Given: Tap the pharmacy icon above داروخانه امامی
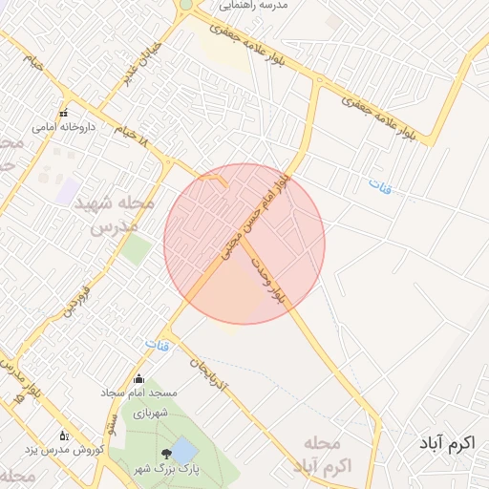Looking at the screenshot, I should pyautogui.click(x=64, y=113).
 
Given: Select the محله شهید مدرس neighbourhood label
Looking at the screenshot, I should pyautogui.click(x=114, y=215).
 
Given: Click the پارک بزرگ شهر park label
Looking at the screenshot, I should pyautogui.click(x=177, y=469).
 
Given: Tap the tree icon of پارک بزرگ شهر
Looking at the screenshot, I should pyautogui.click(x=167, y=452).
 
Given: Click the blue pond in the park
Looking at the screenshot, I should pyautogui.click(x=185, y=449).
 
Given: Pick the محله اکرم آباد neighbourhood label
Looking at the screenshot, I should pyautogui.click(x=324, y=454).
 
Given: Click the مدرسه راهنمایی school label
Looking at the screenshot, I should pyautogui.click(x=254, y=5).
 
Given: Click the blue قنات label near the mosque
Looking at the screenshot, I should pyautogui.click(x=157, y=343).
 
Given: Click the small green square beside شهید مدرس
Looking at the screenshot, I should pyautogui.click(x=136, y=250).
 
